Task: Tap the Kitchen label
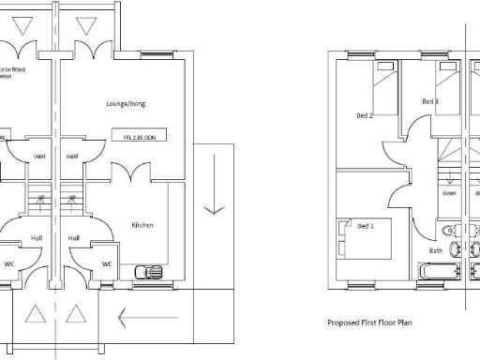coord(142,225)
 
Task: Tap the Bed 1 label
coord(366,226)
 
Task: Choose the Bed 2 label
coord(365,116)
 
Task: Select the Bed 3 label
coord(430,101)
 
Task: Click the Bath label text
coord(436,250)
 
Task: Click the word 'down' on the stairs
coord(449,194)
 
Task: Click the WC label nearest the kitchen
coord(107,263)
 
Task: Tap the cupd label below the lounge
coord(71,157)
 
